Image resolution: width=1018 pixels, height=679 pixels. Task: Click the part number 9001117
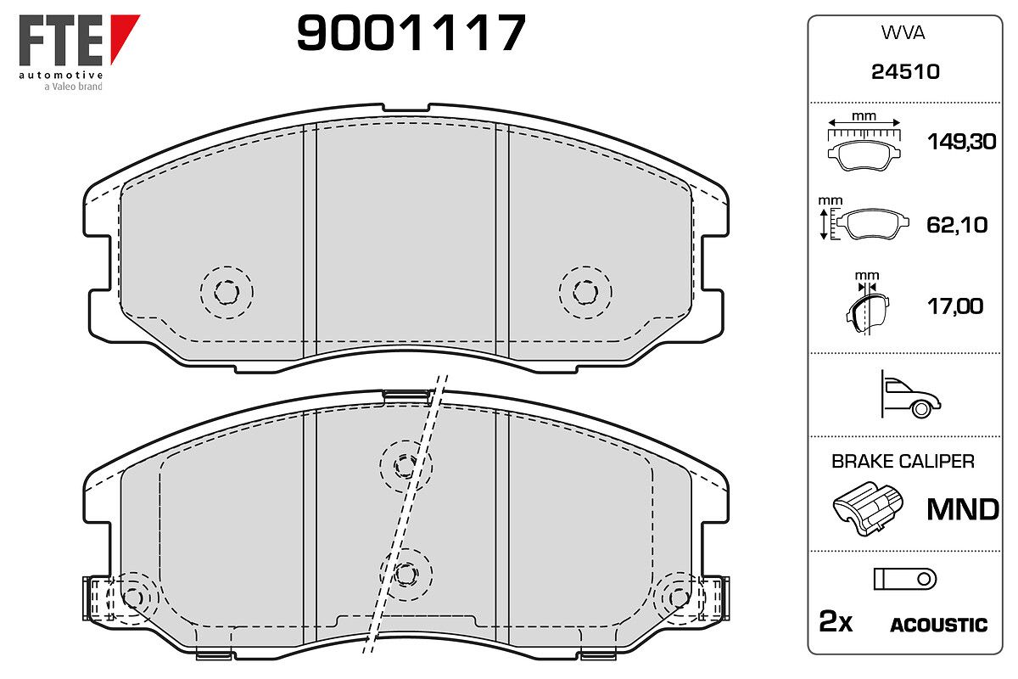pos(411,32)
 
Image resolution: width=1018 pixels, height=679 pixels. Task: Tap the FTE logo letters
pos(60,40)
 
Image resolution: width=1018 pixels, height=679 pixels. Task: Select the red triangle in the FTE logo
pos(123,37)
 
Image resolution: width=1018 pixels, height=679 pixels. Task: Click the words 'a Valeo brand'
pos(73,87)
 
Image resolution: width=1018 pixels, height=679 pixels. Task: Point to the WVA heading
pos(903,33)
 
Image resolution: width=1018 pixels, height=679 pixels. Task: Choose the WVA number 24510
pos(905,72)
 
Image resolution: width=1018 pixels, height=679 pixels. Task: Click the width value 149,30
pos(962,142)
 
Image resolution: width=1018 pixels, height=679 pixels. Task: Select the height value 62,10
pos(957,225)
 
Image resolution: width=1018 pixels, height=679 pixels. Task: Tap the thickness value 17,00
pos(955,306)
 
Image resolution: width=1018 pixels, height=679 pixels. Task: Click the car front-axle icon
pos(910,394)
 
